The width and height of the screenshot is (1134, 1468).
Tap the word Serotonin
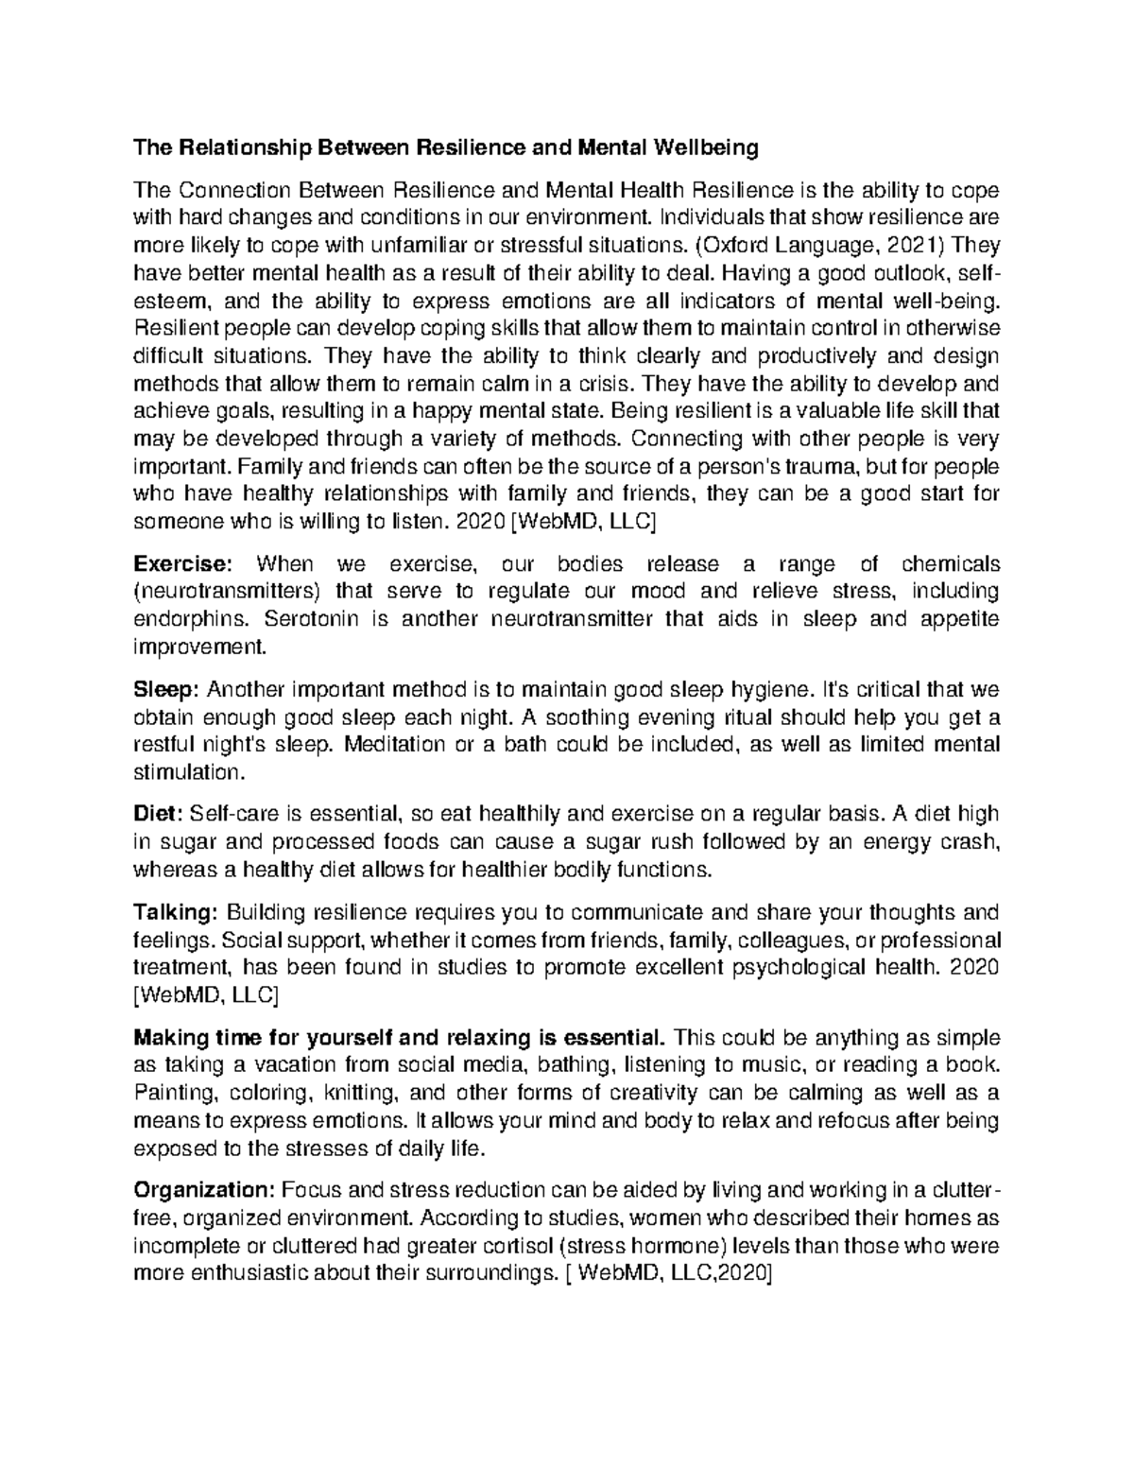coord(306,619)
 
